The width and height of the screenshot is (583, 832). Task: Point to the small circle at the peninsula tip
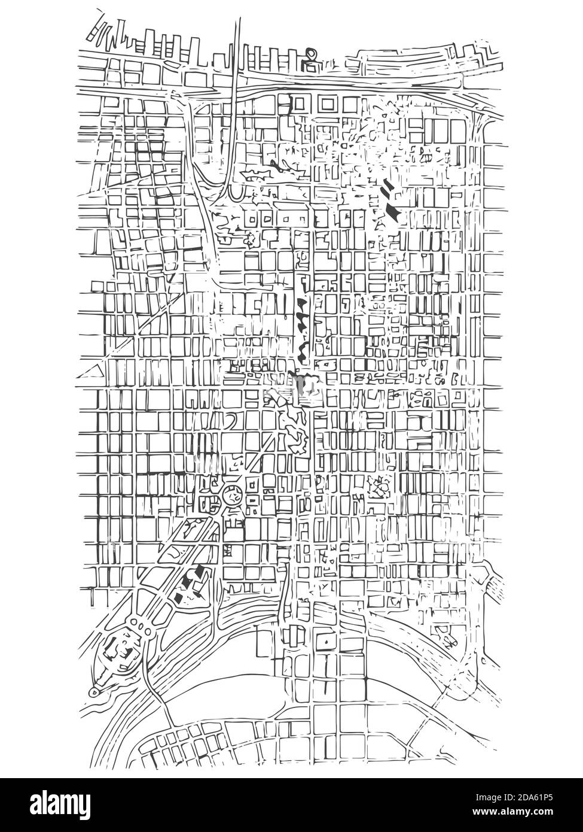point(94,692)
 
